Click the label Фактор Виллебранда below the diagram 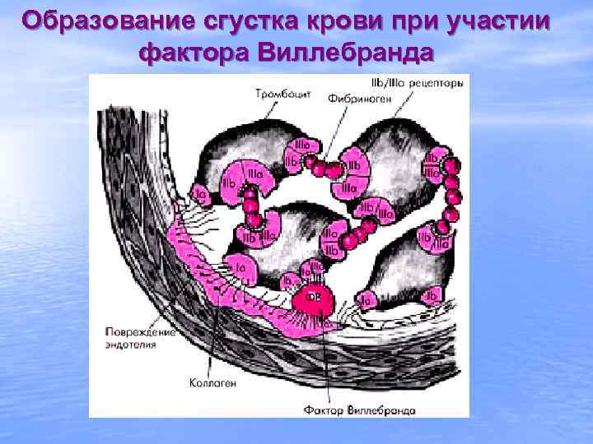359,409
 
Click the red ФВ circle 315,298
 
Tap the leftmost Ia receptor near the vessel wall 200,194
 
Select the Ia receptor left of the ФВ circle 288,279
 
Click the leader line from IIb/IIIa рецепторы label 404,103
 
